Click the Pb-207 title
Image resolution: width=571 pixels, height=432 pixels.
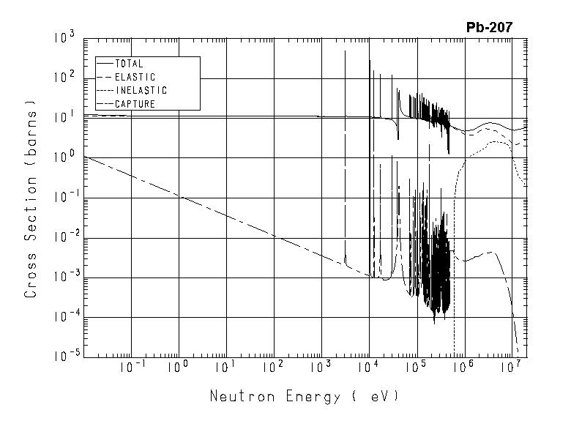(x=489, y=28)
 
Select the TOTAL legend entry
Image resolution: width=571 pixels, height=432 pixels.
(x=129, y=64)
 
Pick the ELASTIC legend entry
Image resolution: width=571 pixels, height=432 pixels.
(x=135, y=77)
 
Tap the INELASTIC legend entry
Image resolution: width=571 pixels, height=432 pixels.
(x=141, y=91)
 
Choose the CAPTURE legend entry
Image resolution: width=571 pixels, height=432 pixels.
(x=135, y=104)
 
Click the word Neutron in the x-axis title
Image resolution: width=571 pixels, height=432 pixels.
(x=237, y=398)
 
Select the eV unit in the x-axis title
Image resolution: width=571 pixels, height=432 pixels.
(x=381, y=398)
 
